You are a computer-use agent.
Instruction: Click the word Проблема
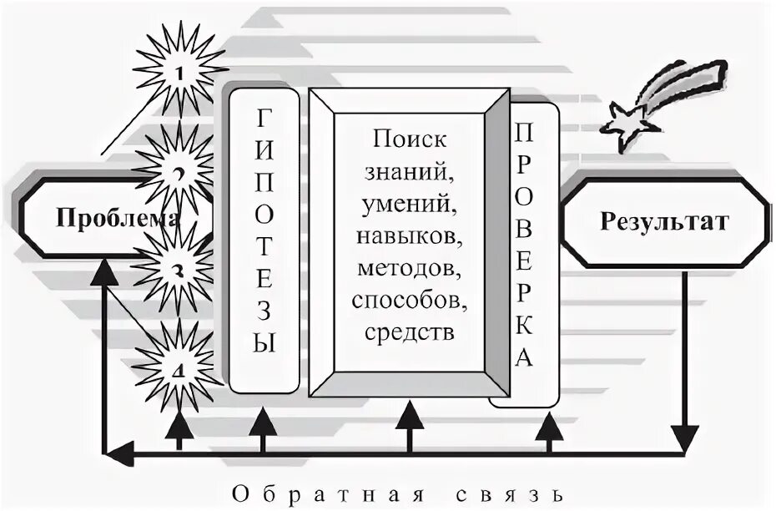click(x=116, y=219)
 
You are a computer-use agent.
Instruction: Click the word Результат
click(x=663, y=222)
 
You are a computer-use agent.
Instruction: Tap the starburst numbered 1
click(x=180, y=71)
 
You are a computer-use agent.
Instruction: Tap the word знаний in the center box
click(x=409, y=174)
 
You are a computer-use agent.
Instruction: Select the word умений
click(x=409, y=205)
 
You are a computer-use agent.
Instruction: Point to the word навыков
click(x=409, y=237)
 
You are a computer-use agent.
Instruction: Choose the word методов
click(x=409, y=269)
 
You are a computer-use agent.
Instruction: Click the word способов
click(x=409, y=300)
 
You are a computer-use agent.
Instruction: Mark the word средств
click(x=409, y=331)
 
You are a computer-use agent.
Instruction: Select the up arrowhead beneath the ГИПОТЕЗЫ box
click(x=263, y=419)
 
